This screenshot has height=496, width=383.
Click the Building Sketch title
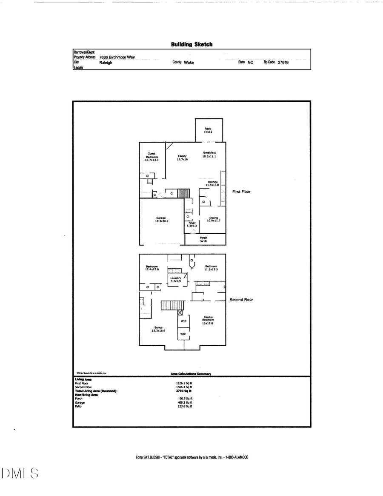click(x=191, y=44)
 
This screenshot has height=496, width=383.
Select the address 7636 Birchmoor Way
click(x=117, y=57)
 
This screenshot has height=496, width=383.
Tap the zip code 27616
click(x=283, y=62)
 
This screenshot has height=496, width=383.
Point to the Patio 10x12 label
click(x=208, y=130)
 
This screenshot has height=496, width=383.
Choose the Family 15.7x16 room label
click(x=182, y=158)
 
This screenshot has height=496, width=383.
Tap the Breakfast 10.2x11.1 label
click(x=209, y=155)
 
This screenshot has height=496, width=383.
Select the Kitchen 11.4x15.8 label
click(x=212, y=183)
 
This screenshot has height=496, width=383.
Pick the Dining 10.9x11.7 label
click(x=214, y=219)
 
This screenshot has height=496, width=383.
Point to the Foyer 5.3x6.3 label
click(x=192, y=224)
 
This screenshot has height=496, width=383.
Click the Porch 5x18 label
click(x=203, y=240)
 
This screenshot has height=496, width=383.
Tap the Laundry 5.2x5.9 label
click(x=176, y=280)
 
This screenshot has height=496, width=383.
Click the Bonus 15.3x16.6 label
click(x=158, y=329)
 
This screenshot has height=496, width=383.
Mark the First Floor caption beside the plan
click(x=241, y=192)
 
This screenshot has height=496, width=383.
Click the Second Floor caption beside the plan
click(x=241, y=300)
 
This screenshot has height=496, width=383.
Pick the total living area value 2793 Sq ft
click(x=184, y=390)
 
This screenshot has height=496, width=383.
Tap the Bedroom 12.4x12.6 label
click(x=152, y=268)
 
